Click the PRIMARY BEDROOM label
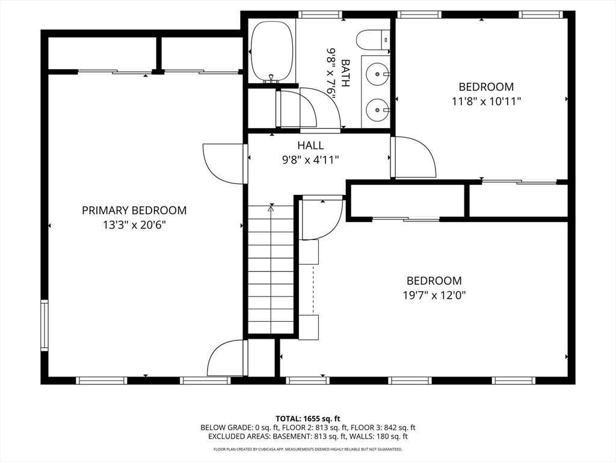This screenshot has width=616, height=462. coord(134,211)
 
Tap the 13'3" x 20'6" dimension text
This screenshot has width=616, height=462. coord(134,225)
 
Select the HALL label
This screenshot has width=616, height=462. coord(310,146)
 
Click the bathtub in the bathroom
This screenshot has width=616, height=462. coord(273,51)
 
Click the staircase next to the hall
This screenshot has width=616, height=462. coord(270,271)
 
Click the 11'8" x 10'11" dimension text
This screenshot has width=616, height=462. coord(486,101)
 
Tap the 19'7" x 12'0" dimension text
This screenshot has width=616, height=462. coord(434,295)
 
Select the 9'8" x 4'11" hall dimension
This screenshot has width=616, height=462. coord(310,160)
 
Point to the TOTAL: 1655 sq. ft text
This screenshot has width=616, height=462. coord(308,419)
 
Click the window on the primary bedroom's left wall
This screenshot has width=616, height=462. coord(44,325)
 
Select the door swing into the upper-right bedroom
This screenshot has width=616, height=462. coord(414,158)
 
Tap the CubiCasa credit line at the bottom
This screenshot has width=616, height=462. coord(308,449)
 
